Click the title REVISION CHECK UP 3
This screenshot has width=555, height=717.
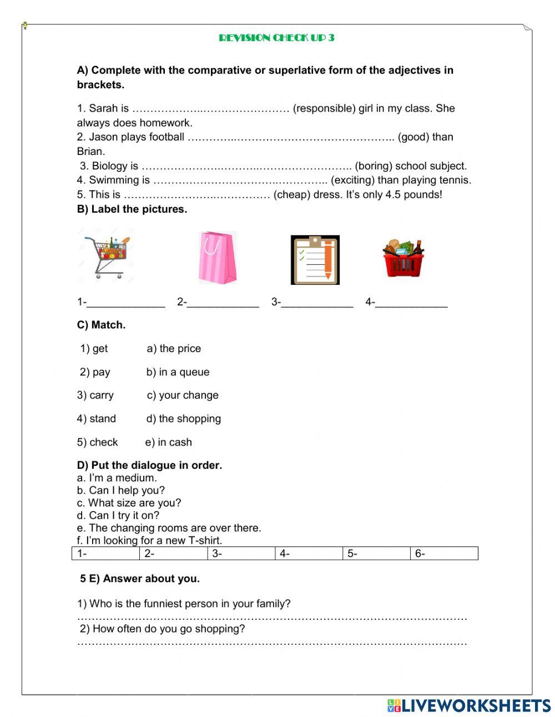(x=276, y=38)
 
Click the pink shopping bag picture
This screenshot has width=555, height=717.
(x=217, y=258)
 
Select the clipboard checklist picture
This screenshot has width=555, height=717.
(x=315, y=260)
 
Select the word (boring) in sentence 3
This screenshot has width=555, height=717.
(x=374, y=166)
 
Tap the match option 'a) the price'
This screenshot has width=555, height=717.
(x=174, y=349)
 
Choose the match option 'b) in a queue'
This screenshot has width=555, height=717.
(x=178, y=372)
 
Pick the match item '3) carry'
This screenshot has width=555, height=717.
(x=95, y=395)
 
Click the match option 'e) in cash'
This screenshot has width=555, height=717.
(x=169, y=443)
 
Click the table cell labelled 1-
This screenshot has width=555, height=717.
(x=105, y=554)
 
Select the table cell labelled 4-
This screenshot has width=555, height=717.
(x=309, y=554)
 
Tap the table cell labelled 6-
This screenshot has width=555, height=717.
(x=444, y=554)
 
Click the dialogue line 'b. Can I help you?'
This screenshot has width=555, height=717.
(x=121, y=490)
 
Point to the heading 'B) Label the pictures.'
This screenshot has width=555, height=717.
(x=132, y=209)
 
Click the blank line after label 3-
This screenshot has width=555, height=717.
(x=317, y=303)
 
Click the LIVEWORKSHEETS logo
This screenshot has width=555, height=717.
(x=469, y=705)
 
